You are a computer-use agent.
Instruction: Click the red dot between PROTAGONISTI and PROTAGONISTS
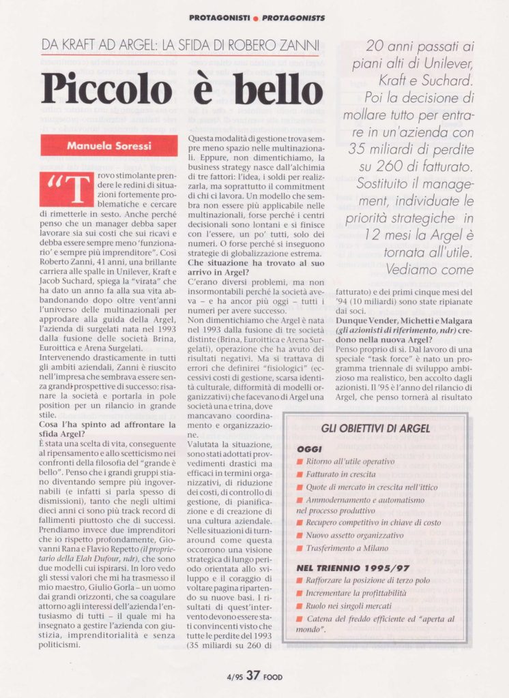click(x=255, y=18)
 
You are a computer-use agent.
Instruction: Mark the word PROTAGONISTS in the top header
click(x=293, y=18)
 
